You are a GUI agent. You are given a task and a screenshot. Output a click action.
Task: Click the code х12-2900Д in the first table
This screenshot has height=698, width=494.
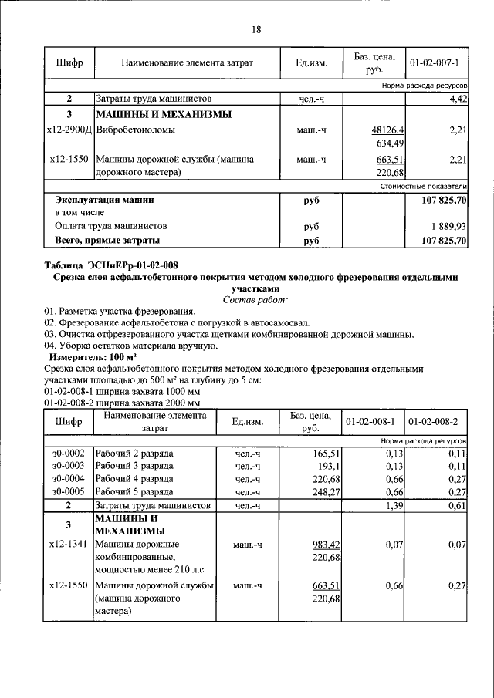69,130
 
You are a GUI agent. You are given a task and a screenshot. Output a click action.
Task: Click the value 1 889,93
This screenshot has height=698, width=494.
447,227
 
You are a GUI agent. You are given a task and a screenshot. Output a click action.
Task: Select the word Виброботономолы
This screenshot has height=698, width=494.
135,130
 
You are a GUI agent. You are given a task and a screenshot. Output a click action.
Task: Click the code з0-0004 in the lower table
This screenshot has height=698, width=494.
69,478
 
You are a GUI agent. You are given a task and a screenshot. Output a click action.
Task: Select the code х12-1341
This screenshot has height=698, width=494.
69,545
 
